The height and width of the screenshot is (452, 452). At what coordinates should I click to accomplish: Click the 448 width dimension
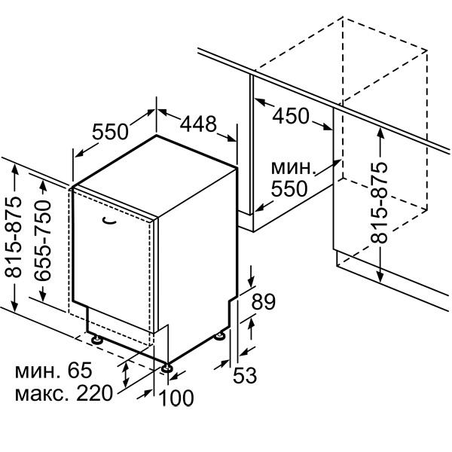pos(198,124)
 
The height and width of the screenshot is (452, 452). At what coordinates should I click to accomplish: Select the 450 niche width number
pos(291,116)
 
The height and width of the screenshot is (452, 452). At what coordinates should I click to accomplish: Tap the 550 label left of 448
pos(110,131)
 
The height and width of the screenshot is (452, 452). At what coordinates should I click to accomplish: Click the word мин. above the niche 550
pos(292,168)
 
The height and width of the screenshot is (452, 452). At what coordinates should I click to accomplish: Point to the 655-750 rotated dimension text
pos(43,240)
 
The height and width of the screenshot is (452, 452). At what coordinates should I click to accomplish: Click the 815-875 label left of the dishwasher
pos(14,237)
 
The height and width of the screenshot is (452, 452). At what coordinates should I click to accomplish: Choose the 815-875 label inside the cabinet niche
pos(379,203)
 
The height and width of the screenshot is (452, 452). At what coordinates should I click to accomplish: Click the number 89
pos(264,302)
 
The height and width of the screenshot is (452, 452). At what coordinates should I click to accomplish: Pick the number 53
pos(245,375)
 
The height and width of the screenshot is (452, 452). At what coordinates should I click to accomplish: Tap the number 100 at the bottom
pos(176,398)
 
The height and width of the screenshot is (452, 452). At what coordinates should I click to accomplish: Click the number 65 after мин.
pos(80,370)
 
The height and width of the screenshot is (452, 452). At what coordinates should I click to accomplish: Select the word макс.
pos(42,394)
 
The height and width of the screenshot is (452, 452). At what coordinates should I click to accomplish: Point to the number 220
pos(94,393)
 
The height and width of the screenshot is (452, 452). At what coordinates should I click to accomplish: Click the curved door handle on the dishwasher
pos(109,221)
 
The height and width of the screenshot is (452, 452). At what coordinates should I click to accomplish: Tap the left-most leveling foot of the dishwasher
pos(97,339)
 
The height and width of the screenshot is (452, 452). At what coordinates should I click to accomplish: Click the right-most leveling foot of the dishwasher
pos(221,336)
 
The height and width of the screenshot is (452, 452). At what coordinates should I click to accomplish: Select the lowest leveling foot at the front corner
pos(167,368)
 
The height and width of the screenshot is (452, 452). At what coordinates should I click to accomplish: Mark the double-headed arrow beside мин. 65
pos(125,375)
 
